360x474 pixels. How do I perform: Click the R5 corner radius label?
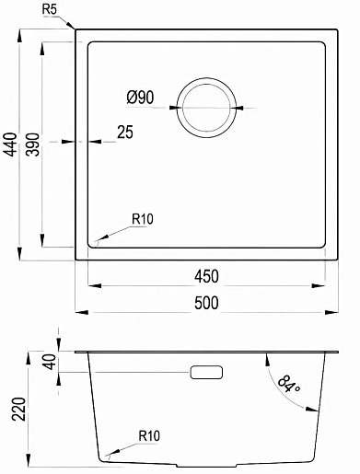[50, 10]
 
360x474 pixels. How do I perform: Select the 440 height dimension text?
[11, 145]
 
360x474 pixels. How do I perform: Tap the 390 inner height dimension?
[33, 145]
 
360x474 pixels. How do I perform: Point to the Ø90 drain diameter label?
[140, 98]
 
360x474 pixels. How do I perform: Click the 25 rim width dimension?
[125, 133]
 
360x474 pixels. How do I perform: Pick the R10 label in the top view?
[143, 219]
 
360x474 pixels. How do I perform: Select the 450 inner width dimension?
[206, 276]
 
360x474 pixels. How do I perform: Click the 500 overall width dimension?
[206, 303]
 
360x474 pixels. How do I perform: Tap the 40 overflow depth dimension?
[51, 362]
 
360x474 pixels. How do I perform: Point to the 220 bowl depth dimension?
[18, 409]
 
